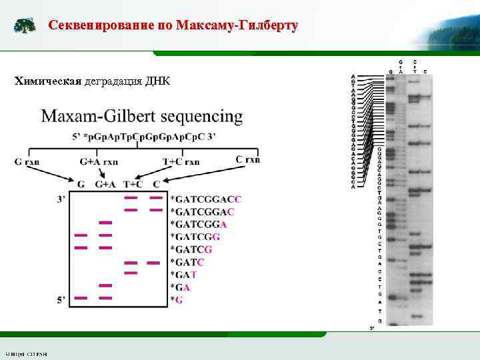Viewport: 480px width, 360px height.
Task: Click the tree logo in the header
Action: point(25,26)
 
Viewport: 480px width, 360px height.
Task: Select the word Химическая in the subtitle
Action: point(47,81)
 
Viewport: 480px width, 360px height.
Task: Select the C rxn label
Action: point(248,159)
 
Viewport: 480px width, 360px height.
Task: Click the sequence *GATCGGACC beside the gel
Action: point(206,199)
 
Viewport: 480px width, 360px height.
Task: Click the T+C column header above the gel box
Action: point(133,185)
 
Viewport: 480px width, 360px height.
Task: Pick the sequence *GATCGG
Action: point(195,237)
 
